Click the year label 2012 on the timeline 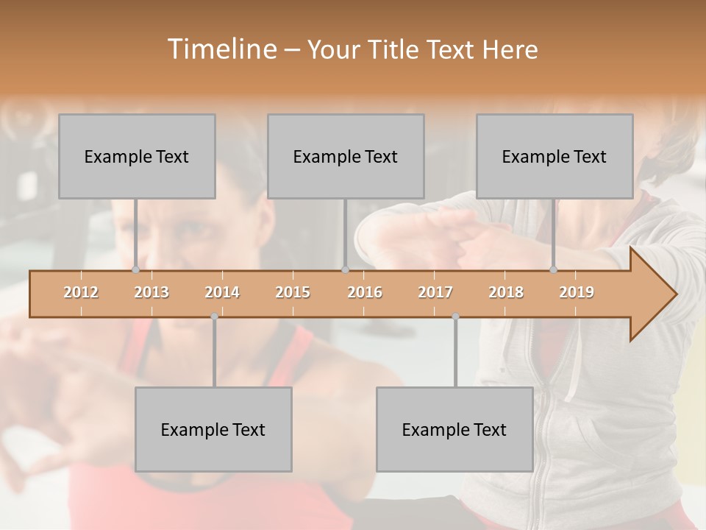(81, 292)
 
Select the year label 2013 (151, 292)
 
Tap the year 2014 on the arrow (222, 292)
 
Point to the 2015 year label (293, 292)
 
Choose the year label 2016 (365, 292)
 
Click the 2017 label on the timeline (435, 292)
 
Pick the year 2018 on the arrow (506, 292)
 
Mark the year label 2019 (577, 292)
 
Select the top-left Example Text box (137, 156)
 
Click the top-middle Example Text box (346, 156)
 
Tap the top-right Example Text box (555, 156)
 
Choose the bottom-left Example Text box (213, 429)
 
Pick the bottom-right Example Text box (454, 429)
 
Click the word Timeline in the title (221, 49)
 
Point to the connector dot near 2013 (135, 269)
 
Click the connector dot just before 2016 (345, 269)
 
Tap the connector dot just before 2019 (554, 269)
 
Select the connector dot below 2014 (214, 317)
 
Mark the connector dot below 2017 (455, 317)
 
